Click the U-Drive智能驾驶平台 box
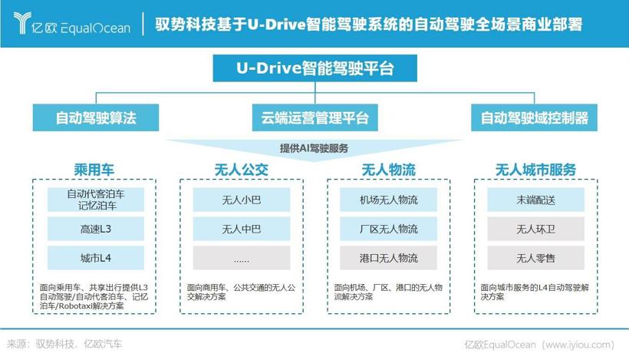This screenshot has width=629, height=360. pos(315,68)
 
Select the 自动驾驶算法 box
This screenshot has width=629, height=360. pos(96,117)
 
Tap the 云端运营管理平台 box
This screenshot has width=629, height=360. pos(315,117)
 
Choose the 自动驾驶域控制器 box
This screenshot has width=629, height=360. pos(535,117)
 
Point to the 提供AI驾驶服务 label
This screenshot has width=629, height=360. pos(314,148)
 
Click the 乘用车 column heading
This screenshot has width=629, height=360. pos(94,170)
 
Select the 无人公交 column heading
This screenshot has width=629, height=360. pos(242,170)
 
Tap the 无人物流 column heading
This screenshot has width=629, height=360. pos(389,170)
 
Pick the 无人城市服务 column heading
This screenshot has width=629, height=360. pos(536,170)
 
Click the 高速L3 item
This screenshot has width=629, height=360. pos(96,229)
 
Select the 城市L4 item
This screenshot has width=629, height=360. pos(96,258)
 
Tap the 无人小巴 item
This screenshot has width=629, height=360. pos(242,200)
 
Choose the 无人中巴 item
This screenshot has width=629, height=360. pos(242,229)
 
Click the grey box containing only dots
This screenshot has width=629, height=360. pos(242,258)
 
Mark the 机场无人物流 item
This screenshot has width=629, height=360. pos(389,200)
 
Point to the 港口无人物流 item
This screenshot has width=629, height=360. pos(389,258)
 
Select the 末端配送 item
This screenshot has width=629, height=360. pos(536,200)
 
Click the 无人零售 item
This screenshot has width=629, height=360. pos(536,258)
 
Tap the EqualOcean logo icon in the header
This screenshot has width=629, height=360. pos(22,23)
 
